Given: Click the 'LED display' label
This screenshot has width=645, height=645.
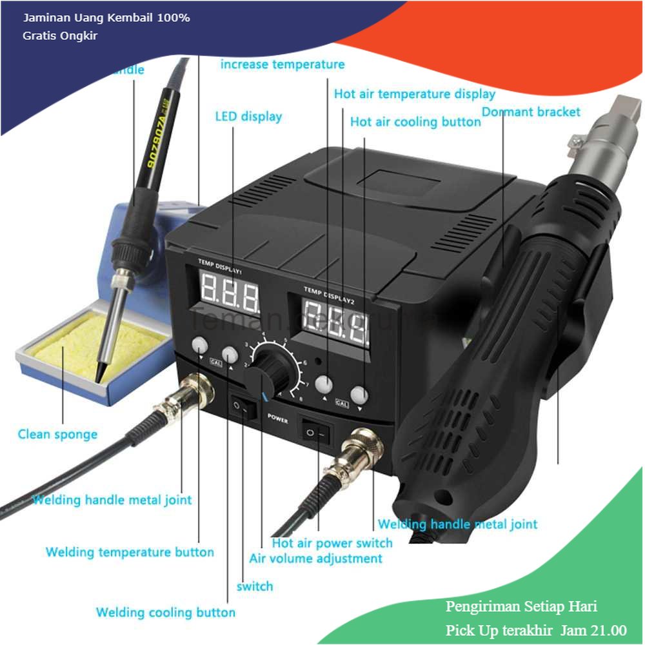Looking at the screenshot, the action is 248,117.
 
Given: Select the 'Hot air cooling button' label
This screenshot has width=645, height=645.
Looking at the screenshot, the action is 415,122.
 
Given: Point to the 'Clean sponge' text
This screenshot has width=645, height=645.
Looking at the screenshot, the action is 57,434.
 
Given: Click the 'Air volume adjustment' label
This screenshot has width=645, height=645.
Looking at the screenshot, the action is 316,559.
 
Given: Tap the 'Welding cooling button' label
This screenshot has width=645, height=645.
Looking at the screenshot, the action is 166,612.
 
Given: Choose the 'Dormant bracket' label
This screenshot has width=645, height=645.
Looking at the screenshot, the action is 531,112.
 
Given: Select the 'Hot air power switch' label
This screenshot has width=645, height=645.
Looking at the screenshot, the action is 332,543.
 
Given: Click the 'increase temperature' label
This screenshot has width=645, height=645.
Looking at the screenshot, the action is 283,64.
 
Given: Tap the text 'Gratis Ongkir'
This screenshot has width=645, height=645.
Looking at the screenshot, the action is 59,35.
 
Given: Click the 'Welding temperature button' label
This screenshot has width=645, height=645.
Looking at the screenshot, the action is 130,552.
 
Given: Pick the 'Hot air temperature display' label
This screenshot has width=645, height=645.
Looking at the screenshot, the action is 414,94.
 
